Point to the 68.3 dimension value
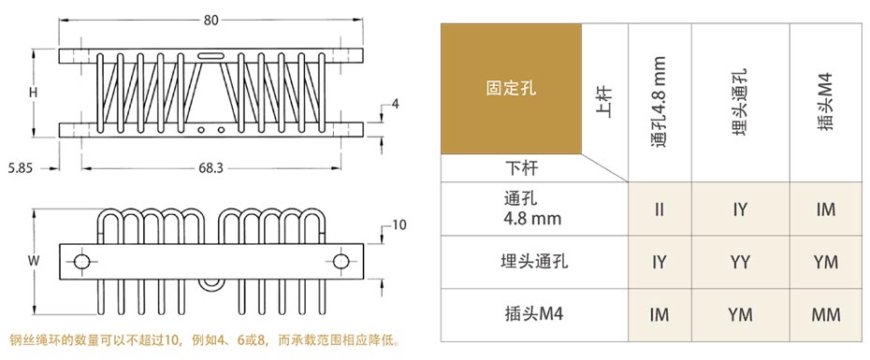tap(210, 168)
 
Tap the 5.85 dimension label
tap(20, 168)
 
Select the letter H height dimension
tap(33, 93)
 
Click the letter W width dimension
tap(33, 261)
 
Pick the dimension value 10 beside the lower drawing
tap(399, 224)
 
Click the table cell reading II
tap(660, 209)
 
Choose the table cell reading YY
tap(740, 263)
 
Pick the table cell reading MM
tap(825, 315)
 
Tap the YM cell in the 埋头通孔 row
tap(825, 263)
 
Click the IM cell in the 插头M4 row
tap(660, 315)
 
